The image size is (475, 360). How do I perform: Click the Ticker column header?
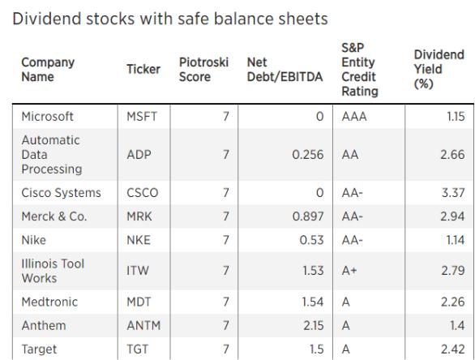click(143, 69)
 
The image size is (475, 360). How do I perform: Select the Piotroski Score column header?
click(203, 70)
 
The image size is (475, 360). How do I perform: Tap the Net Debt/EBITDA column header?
click(285, 70)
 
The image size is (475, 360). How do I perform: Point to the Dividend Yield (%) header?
click(439, 70)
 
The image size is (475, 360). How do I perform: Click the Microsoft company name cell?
click(47, 117)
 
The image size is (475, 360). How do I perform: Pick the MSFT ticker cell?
click(142, 117)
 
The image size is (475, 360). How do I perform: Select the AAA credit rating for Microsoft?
click(354, 117)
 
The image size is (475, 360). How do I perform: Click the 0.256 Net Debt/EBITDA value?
click(308, 155)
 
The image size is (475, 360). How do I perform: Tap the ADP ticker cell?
click(139, 155)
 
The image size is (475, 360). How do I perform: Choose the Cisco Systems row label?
click(61, 193)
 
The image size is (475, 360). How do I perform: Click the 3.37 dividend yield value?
click(453, 193)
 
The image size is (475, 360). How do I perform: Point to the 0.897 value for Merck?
click(308, 216)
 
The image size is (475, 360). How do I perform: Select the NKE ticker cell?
click(139, 240)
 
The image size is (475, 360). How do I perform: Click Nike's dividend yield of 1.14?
click(456, 240)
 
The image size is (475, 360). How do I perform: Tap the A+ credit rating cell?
click(349, 270)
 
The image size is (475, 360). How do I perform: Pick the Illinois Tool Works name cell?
click(53, 271)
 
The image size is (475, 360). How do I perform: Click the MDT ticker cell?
click(139, 302)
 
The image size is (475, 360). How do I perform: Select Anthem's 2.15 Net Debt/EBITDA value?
click(314, 325)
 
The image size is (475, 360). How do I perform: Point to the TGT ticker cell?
click(138, 349)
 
